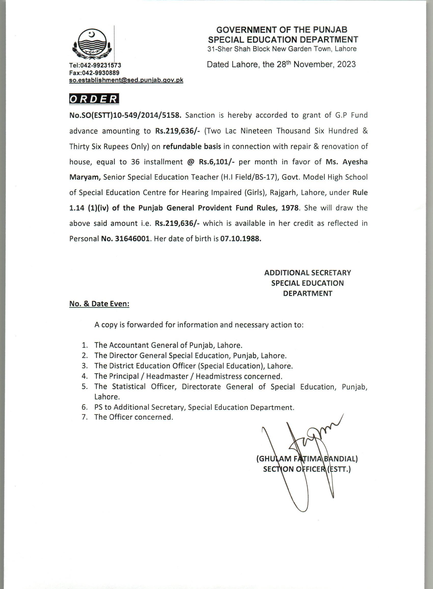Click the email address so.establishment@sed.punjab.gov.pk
point(126,80)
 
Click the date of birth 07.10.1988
point(241,239)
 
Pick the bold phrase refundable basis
point(192,146)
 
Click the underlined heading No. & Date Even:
point(99,304)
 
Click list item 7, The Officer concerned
point(134,417)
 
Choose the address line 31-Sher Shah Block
point(282,49)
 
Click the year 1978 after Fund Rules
point(290,208)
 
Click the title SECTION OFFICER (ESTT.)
point(307,469)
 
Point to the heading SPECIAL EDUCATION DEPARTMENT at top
point(283,39)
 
